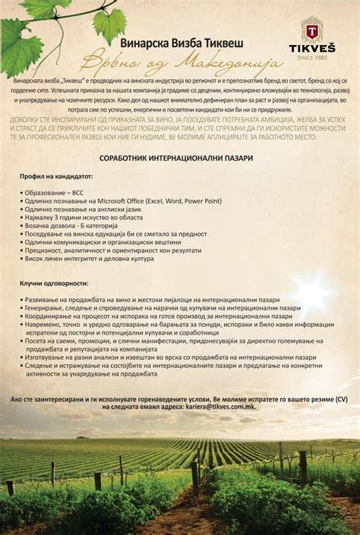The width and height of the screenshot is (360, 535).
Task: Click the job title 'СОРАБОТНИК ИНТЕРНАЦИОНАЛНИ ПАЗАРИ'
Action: coord(180,158)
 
